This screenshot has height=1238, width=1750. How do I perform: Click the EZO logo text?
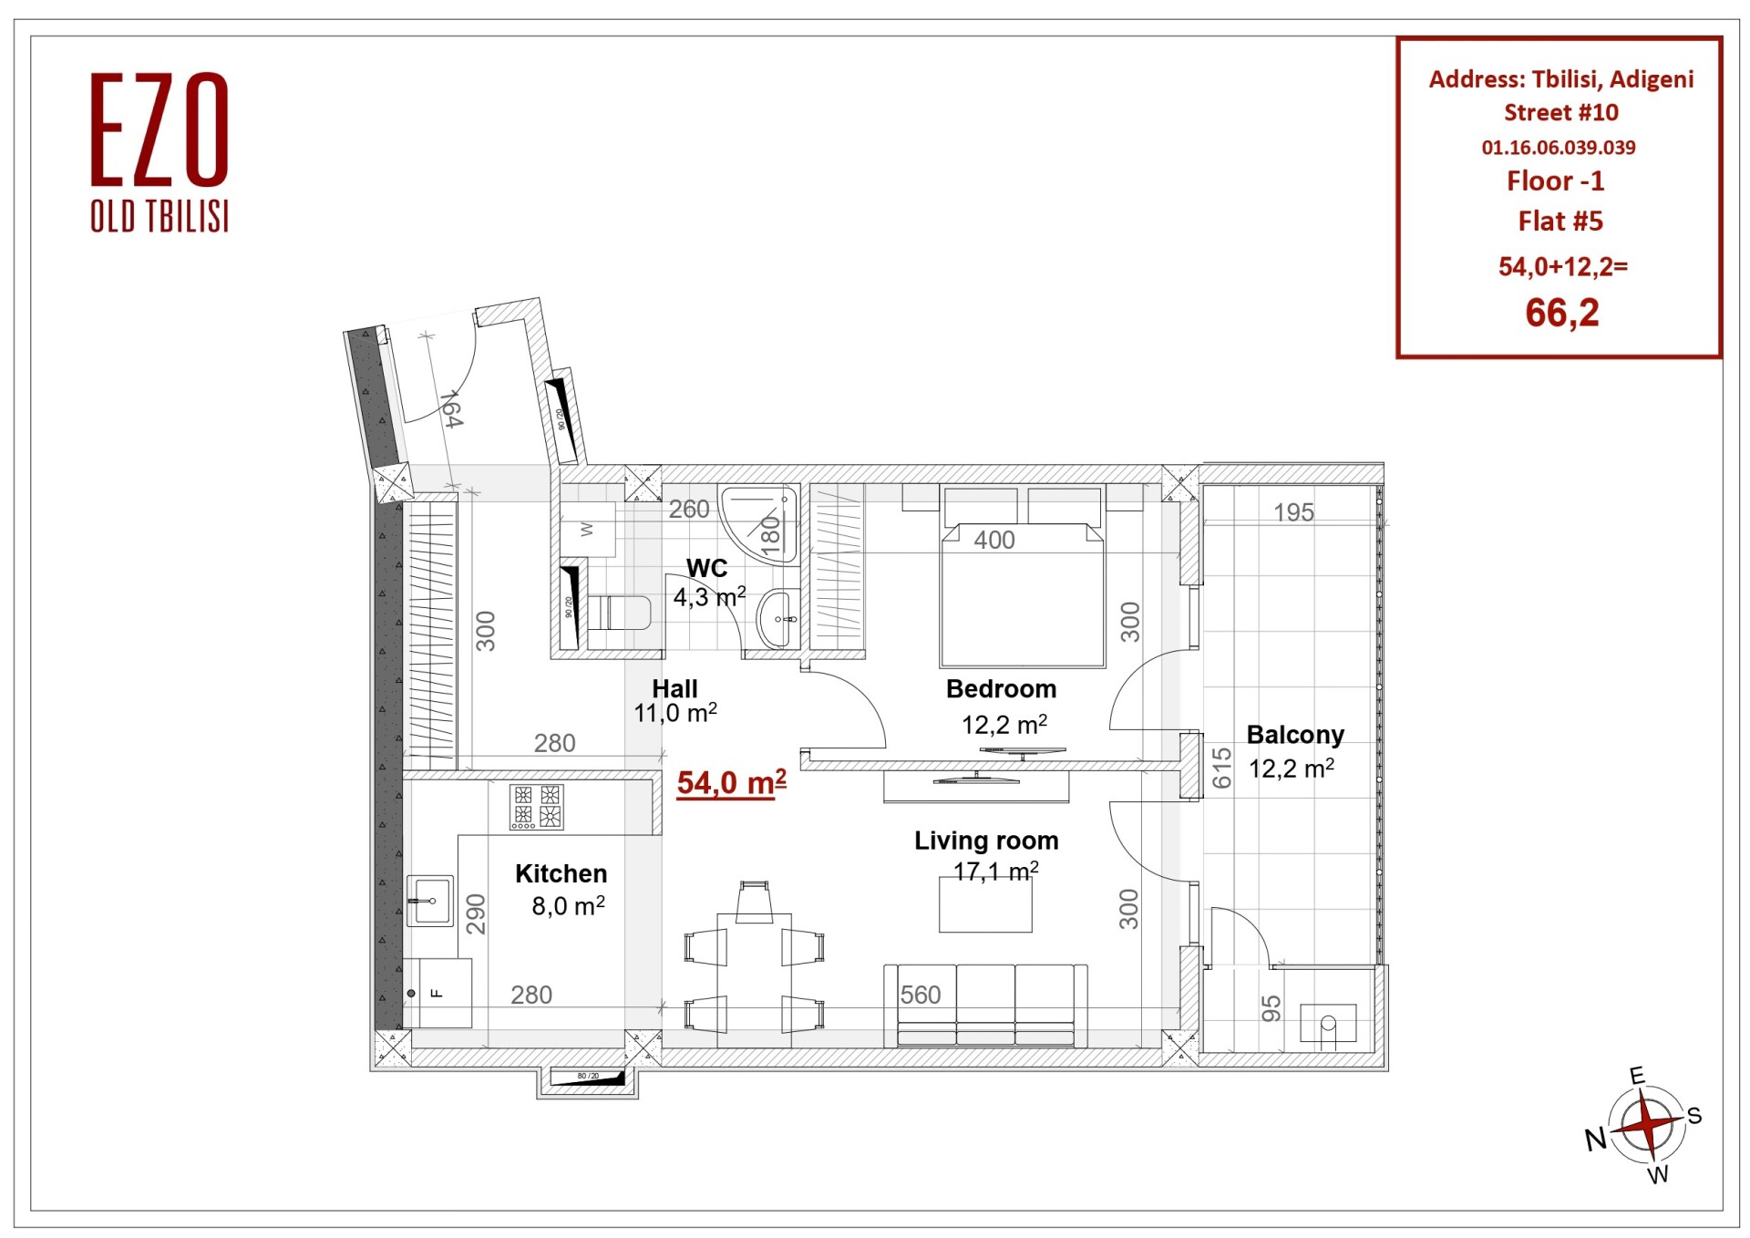click(160, 129)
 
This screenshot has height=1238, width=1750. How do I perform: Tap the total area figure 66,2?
click(1561, 313)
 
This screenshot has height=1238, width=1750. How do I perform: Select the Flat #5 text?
click(1560, 221)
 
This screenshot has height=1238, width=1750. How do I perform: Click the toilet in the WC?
click(619, 613)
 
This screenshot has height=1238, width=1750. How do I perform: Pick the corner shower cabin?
click(758, 524)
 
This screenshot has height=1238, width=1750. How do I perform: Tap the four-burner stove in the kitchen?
click(536, 807)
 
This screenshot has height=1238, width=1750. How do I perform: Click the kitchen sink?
click(429, 901)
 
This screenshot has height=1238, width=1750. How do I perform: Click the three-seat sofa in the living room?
click(985, 1006)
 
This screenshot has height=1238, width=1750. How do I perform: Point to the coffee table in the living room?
click(985, 904)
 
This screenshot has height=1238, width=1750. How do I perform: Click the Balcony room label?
click(1294, 735)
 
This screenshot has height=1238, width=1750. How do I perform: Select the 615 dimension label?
click(1221, 768)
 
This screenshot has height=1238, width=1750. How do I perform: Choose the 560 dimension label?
click(920, 995)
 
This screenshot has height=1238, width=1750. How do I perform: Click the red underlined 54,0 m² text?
click(731, 783)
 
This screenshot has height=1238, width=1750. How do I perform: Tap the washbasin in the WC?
click(777, 619)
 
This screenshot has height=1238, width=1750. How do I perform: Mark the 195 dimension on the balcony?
click(1293, 512)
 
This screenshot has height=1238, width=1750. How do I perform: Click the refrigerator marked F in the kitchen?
click(437, 993)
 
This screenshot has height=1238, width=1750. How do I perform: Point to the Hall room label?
click(674, 689)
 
